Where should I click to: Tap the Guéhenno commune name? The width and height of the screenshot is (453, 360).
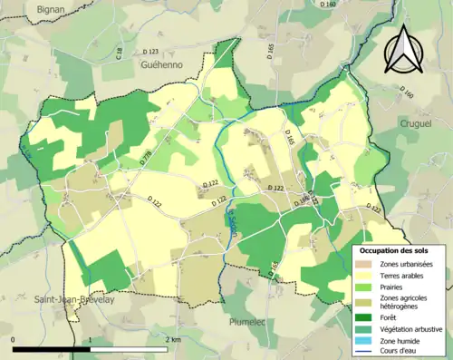coord(161,65)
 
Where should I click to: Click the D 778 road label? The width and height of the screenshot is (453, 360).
coord(146,157)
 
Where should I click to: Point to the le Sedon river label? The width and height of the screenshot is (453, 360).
coord(232,222)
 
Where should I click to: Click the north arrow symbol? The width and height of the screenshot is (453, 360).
coord(401,50)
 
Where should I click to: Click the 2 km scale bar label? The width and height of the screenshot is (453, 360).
coord(173,339)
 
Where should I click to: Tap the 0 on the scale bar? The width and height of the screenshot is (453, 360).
coord(14,339)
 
